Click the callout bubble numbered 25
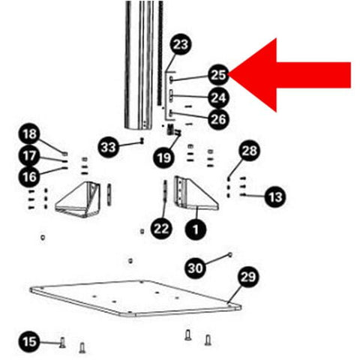click(x=218, y=75)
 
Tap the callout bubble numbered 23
click(x=181, y=45)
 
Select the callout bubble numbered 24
click(x=218, y=97)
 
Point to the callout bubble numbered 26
click(x=218, y=119)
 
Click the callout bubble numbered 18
click(x=29, y=133)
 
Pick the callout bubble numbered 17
click(x=29, y=155)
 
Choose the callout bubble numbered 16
click(x=29, y=177)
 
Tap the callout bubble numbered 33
click(x=108, y=147)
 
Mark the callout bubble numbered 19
click(x=163, y=157)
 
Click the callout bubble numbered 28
click(x=249, y=151)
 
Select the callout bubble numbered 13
click(x=275, y=196)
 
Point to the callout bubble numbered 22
click(x=161, y=229)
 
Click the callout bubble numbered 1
click(x=196, y=229)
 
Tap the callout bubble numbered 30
click(x=195, y=268)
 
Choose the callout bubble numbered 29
click(x=248, y=277)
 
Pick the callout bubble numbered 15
click(x=29, y=341)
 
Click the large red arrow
click(x=287, y=75)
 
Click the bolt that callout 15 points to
click(x=62, y=342)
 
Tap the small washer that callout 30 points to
click(x=230, y=255)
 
